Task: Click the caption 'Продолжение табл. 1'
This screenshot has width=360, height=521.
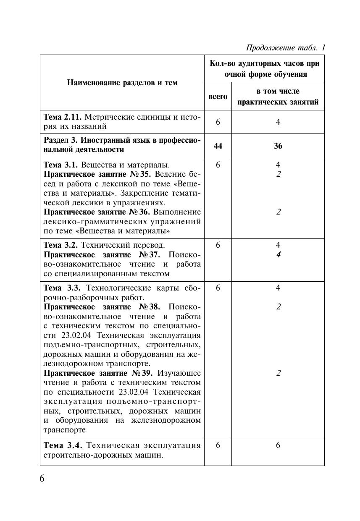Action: coord(286,47)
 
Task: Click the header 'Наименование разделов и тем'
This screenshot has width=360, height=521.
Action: coord(122,83)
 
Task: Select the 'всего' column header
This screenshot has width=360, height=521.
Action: coord(218,97)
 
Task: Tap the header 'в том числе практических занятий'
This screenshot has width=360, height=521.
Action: coord(278,97)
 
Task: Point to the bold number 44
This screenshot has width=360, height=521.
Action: coord(218,146)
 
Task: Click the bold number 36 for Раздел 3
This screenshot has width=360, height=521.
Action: coord(278,146)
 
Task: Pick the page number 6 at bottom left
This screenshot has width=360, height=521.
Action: coord(42,479)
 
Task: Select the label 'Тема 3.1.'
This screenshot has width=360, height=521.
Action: coord(60,165)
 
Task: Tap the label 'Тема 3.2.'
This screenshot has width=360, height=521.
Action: coord(60,245)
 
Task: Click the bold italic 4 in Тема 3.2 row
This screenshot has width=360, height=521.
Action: coord(278,255)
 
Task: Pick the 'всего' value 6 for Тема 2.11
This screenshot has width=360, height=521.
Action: coord(218,122)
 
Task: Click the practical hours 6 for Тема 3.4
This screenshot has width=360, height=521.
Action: coord(278,445)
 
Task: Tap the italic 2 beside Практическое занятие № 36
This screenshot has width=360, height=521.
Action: coord(278,212)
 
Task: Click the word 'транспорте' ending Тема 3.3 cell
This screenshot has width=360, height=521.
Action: coord(64,430)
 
